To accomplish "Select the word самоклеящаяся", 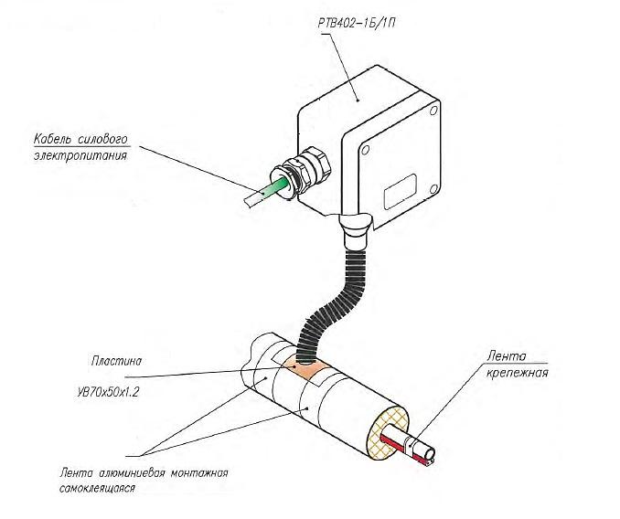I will pos(94,489).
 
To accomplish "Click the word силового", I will pos(107,140).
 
